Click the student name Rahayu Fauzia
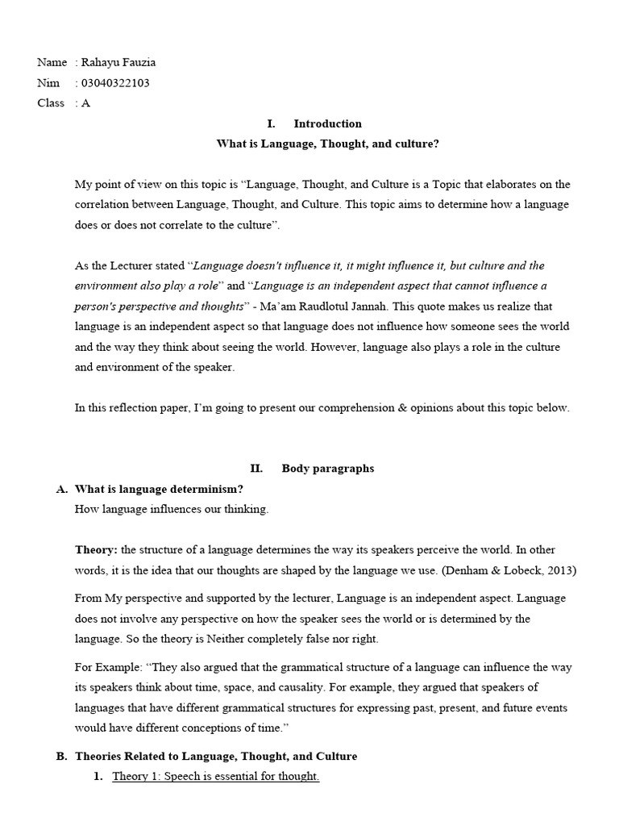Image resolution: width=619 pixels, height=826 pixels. [118, 62]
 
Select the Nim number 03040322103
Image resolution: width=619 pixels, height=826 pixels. [114, 82]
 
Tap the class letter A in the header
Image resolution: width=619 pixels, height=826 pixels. [85, 102]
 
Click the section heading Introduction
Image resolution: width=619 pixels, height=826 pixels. [327, 123]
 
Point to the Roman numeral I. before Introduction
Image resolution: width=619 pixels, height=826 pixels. [271, 123]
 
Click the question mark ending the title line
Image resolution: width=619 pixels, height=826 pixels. [436, 144]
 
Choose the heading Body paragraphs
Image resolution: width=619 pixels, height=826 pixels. [327, 469]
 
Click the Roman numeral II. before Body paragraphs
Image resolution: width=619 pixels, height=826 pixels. [256, 469]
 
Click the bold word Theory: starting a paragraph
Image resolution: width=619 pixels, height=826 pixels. [96, 550]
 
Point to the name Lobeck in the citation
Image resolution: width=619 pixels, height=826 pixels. [526, 570]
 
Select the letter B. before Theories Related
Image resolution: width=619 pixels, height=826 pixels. [61, 757]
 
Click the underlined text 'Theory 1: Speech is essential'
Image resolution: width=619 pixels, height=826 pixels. [193, 777]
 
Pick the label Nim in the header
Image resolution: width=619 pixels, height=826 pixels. [48, 82]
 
